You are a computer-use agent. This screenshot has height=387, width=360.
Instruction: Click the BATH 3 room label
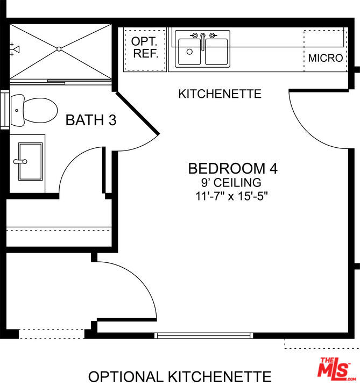click(x=91, y=120)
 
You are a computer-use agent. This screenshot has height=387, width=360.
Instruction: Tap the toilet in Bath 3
click(x=34, y=110)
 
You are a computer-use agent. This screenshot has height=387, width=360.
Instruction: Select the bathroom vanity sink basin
click(x=30, y=161)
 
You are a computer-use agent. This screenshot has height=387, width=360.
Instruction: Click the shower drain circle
click(x=59, y=49)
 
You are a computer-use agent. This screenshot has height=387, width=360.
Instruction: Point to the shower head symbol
click(x=15, y=49)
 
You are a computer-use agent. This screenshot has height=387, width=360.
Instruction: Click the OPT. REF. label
click(x=145, y=48)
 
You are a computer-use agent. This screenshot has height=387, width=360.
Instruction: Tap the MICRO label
click(x=326, y=58)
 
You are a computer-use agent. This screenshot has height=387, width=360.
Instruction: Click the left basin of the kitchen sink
click(x=189, y=52)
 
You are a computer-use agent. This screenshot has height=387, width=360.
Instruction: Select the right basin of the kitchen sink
click(x=216, y=52)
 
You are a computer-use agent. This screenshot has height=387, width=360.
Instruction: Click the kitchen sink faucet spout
click(x=203, y=42)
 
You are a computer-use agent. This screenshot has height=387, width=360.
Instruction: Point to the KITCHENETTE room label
click(x=220, y=94)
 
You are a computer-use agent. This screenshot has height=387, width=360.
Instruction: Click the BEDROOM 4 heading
click(x=233, y=169)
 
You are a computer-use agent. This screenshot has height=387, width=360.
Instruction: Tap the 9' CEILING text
click(x=231, y=183)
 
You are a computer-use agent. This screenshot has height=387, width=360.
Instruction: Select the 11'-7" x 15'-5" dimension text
click(x=231, y=197)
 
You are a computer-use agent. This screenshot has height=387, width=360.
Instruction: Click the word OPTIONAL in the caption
click(x=125, y=377)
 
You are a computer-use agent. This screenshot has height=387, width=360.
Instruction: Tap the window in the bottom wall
click(x=204, y=335)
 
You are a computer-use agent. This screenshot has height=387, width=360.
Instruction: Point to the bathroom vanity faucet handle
click(x=20, y=162)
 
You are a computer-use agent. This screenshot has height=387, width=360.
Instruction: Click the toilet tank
click(x=18, y=110)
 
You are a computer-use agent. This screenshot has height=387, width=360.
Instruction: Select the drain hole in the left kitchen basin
click(x=189, y=52)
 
